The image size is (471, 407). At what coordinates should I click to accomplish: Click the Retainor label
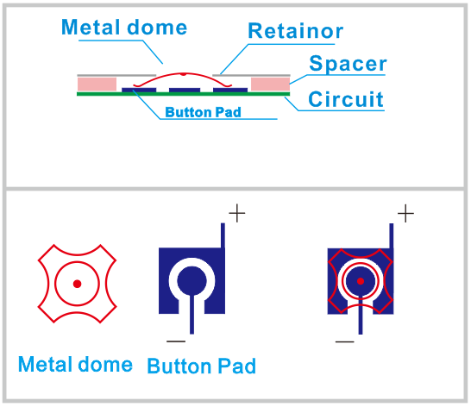pos(296,31)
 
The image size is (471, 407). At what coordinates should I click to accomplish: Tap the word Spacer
pos(348,63)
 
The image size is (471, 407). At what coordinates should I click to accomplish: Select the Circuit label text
pos(346,99)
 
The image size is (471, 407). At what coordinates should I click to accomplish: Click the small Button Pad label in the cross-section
pos(203,112)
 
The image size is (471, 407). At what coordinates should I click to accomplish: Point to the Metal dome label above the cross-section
pos(124,27)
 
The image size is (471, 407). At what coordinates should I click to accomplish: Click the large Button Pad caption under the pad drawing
pos(201,366)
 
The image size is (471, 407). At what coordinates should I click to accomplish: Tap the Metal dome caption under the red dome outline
pos(75,364)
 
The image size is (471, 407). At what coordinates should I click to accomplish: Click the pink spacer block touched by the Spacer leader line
pos(270,85)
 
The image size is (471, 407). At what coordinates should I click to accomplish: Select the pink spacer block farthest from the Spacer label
pos(97,85)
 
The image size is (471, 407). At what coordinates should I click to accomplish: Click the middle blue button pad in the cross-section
pos(185,90)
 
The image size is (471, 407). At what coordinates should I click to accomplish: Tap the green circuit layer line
pos(183,94)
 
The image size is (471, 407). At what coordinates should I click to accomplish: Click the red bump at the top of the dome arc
pos(183,74)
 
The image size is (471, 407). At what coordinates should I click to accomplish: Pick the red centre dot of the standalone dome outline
pos(77,284)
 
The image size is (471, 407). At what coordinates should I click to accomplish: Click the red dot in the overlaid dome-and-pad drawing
pos(361,281)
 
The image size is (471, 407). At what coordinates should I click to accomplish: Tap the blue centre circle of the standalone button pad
pos(192,281)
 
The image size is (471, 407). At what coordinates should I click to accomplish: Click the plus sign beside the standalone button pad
pos(237,213)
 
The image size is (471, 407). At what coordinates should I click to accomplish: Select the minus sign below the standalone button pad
pos(176,341)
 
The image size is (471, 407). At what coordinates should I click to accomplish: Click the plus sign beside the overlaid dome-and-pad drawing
pos(405,213)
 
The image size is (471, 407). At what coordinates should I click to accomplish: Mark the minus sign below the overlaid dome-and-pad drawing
pos(345,341)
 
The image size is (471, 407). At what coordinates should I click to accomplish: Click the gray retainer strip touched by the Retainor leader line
pos(251,75)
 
